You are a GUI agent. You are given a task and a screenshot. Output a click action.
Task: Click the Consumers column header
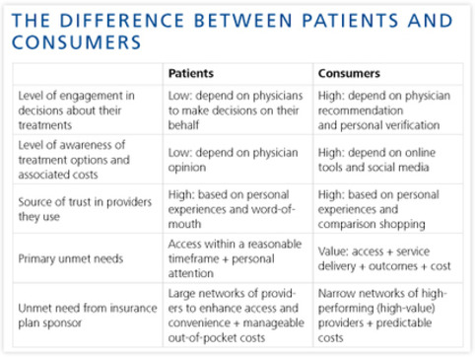pyautogui.click(x=350, y=73)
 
